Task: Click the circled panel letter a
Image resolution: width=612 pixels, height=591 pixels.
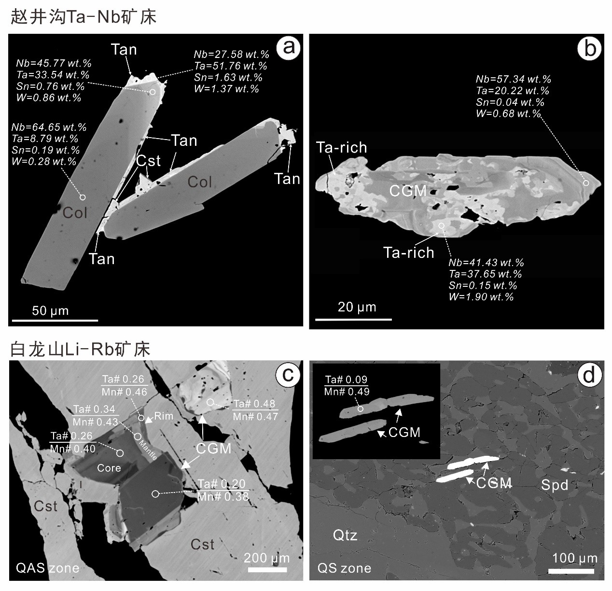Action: tap(289, 48)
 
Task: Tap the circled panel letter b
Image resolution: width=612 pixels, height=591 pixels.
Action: tap(589, 49)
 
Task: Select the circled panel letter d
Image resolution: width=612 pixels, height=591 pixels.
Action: tap(589, 375)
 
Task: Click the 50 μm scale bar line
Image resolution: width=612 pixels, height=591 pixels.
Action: tap(55, 320)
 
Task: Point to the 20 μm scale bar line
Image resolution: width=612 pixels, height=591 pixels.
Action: tap(353, 320)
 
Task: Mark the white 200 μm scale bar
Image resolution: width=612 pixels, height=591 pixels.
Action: tap(267, 570)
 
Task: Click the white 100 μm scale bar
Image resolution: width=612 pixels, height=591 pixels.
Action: tap(571, 571)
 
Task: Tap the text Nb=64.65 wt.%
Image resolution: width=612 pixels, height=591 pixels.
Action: tap(49, 127)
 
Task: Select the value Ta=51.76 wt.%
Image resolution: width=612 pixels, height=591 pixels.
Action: tap(231, 66)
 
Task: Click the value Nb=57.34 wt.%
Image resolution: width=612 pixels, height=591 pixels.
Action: tap(513, 79)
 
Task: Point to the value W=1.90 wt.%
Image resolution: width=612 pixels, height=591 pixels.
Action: tap(481, 296)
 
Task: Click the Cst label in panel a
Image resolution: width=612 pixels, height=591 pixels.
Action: tap(148, 161)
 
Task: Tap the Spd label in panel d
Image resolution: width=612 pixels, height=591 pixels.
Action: tap(555, 485)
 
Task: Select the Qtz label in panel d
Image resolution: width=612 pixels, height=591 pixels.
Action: tap(345, 535)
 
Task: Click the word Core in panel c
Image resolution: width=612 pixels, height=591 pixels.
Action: tap(109, 468)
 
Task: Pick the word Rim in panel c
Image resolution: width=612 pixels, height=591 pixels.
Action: tap(164, 416)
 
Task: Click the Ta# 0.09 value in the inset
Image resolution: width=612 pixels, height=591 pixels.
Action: tap(346, 380)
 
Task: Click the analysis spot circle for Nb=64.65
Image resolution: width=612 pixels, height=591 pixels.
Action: tap(83, 197)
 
